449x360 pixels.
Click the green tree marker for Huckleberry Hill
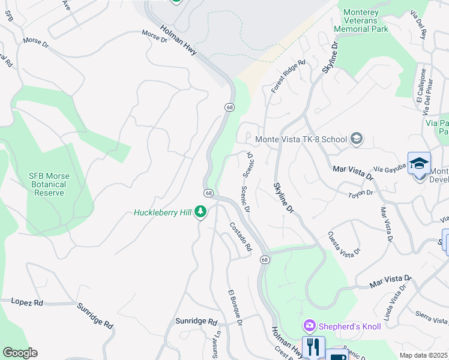(201, 212)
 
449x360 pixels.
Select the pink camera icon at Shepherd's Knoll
(310, 326)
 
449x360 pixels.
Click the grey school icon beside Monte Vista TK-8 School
(357, 139)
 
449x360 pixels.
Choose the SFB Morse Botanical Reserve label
(49, 184)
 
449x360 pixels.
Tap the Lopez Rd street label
(27, 302)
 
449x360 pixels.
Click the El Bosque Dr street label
(235, 308)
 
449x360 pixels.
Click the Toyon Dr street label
(361, 193)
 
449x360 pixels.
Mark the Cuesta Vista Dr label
(344, 242)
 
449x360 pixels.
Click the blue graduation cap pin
(419, 163)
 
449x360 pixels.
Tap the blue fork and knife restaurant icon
(312, 347)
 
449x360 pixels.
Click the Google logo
(20, 353)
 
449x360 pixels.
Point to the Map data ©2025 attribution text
(423, 355)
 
